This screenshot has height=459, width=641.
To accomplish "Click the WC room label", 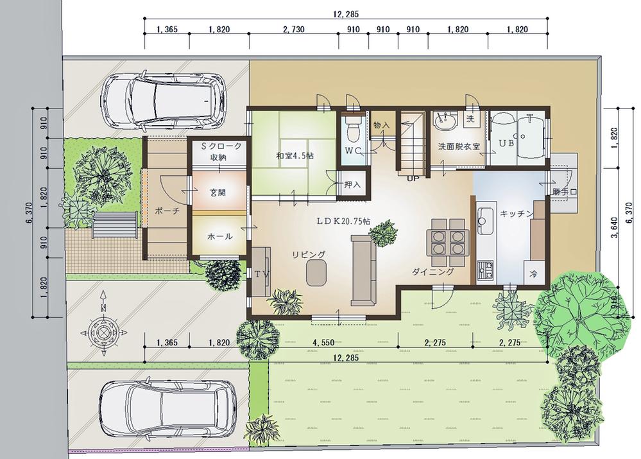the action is pos(353,150).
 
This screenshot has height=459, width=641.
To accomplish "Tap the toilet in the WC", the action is pos(352,128).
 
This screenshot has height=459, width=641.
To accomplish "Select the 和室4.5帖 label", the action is pos(295,155).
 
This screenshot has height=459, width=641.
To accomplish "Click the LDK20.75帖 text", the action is pos(343,220).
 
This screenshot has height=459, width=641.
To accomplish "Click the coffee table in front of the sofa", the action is pos(317,273).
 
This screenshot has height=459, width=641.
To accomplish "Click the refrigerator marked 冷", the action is pos(534,273).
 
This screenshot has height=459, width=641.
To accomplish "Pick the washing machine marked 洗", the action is pos(470,119).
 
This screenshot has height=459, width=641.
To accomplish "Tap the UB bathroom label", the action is pos(506,143).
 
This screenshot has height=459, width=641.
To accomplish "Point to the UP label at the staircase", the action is pos(413,178).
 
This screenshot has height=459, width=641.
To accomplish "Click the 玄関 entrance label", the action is pos(218,193).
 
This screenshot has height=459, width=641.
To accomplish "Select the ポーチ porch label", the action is pos(167,211).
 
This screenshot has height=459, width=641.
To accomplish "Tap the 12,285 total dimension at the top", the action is pos(346,14).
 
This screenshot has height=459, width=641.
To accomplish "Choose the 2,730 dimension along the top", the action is pos(293,30).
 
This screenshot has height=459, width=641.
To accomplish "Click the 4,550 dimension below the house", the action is pos(324,342).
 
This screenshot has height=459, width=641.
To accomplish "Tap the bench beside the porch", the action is pos(115,225).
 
